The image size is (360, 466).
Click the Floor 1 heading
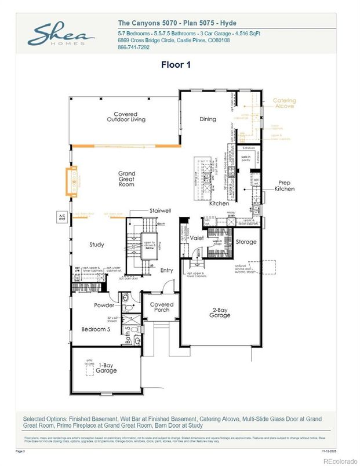pos(179,65)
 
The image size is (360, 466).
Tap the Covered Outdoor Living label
pos(126,116)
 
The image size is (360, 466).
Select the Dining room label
pos(208,119)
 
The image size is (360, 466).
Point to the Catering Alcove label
pos(284,103)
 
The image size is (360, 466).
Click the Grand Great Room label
pos(126,179)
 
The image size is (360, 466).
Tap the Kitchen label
pos(219,203)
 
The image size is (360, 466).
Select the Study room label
pos(97,245)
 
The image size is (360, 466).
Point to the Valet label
pos(197,238)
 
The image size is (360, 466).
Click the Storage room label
pos(246,242)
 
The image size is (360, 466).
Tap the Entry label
pos(166,270)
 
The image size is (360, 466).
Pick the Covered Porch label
pos(162,307)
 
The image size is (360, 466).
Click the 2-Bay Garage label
pos(220,312)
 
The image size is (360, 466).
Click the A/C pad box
pos(61,217)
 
